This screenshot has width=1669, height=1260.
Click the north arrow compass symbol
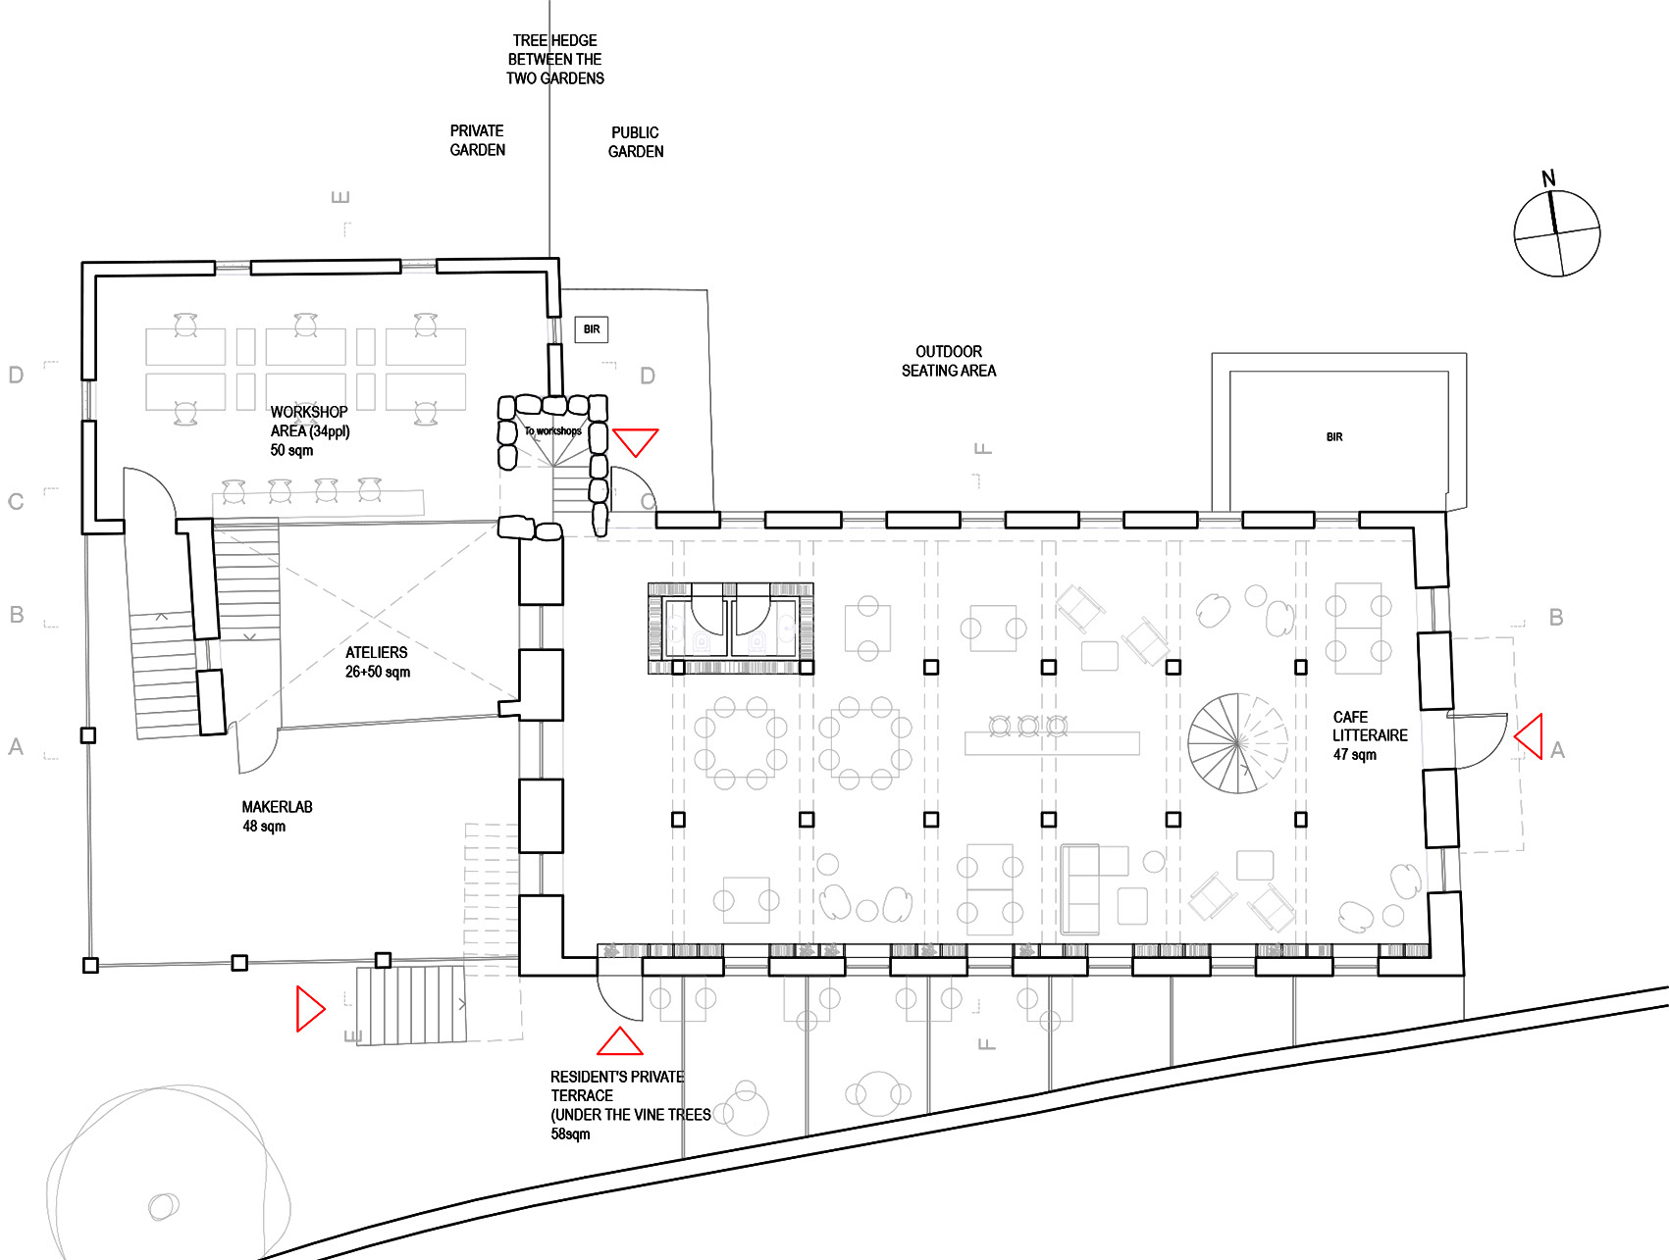(1556, 232)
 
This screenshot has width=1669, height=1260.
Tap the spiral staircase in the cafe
(1237, 743)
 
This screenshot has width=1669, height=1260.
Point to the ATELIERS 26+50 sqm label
(378, 662)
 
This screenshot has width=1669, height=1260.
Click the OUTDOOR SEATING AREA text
(949, 361)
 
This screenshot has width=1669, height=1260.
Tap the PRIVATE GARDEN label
(478, 140)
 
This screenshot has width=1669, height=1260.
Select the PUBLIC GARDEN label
(636, 142)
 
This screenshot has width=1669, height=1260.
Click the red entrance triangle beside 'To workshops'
(636, 441)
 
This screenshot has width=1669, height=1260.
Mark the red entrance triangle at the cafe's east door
(1529, 736)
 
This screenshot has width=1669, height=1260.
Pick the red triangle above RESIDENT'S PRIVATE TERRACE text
(620, 1040)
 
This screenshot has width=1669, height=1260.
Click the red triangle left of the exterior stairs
(310, 1009)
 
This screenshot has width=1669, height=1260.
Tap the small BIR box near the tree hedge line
(592, 329)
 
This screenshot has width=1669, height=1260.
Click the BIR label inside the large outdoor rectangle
(1334, 437)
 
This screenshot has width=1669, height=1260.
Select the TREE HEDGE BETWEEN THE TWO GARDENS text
(555, 59)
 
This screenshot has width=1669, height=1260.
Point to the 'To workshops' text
(552, 430)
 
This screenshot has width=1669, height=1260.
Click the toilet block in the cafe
(731, 628)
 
